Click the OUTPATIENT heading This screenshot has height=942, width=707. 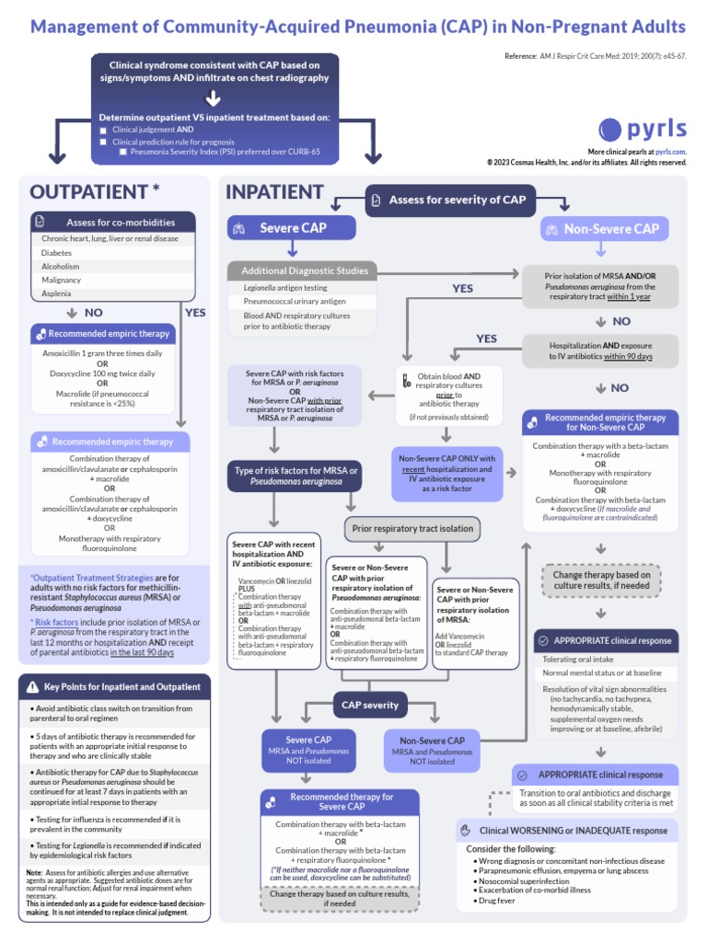(95, 191)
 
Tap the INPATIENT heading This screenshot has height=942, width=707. (274, 191)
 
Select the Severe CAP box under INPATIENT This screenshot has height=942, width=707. (292, 228)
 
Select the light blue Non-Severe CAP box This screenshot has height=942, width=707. (605, 229)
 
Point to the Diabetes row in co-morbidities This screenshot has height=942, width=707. (57, 252)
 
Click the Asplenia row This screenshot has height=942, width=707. (55, 293)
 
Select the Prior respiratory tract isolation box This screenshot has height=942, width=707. (411, 528)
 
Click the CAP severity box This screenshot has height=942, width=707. (370, 706)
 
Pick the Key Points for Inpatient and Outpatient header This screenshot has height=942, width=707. (114, 686)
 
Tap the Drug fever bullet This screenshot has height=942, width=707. (498, 902)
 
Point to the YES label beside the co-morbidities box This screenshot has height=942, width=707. (195, 312)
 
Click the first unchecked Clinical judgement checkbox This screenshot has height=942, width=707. (104, 131)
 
